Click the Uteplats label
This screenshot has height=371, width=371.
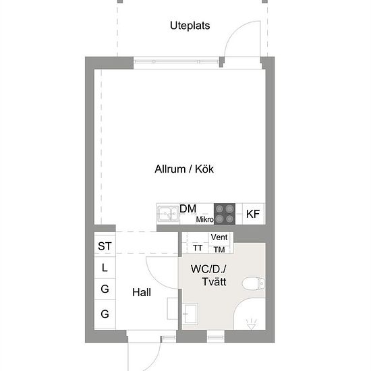click(190, 26)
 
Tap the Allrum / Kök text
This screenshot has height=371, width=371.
click(184, 169)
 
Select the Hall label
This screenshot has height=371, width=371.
click(142, 292)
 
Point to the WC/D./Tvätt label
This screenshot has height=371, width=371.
click(208, 275)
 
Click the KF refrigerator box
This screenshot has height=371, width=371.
click(253, 214)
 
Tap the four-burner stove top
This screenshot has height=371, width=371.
click(225, 214)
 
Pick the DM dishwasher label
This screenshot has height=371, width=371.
click(188, 208)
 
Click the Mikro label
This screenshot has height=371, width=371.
click(204, 220)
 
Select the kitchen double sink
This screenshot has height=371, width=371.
click(168, 214)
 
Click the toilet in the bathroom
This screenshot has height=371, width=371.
click(254, 283)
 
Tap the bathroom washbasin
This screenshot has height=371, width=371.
click(190, 314)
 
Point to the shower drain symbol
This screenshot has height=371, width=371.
click(251, 324)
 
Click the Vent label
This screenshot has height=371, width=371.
click(219, 237)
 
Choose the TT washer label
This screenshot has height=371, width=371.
click(198, 248)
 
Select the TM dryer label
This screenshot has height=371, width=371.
click(219, 250)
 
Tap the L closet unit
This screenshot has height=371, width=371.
click(105, 267)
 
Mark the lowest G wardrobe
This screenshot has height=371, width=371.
click(105, 314)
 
